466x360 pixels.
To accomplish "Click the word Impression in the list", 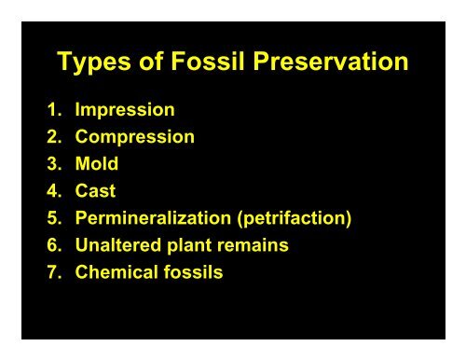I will coord(125,110).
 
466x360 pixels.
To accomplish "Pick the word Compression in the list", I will coord(135,137).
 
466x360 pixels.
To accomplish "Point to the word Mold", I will coord(97,165).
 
